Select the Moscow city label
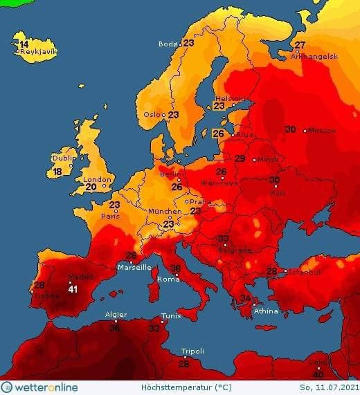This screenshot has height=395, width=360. (321, 130)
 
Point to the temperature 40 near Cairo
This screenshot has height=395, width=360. (318, 374)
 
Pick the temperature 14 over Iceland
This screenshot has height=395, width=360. (24, 44)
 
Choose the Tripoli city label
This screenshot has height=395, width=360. (192, 351)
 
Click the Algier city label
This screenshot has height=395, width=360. (115, 315)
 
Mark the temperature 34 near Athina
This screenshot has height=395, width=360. (245, 298)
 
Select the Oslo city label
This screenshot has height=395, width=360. (154, 114)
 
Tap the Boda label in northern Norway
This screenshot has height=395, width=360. (168, 44)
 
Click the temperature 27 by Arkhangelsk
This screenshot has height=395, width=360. (300, 46)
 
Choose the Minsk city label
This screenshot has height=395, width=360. (268, 160)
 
